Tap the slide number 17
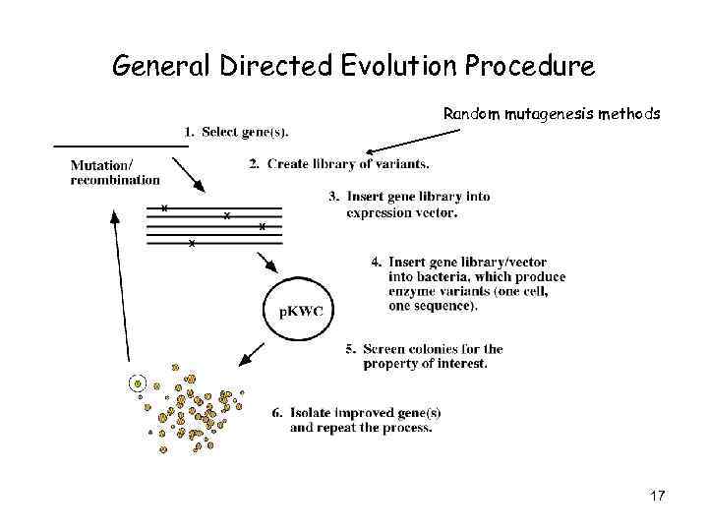coord(657,496)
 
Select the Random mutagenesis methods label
coord(552,114)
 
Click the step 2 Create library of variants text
coord(338,163)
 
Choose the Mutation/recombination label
coord(114,172)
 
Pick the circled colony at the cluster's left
coord(139,383)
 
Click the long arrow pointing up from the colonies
coord(120,285)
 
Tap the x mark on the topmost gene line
coord(164,207)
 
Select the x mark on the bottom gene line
coord(192,242)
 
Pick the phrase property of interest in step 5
coord(425,364)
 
